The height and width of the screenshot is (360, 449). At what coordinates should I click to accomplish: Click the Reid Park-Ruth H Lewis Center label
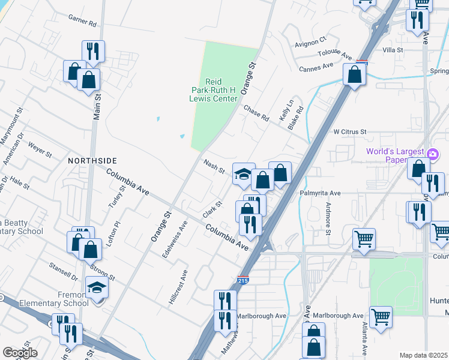coord(213,89)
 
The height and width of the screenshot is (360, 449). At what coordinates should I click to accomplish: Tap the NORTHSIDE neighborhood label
coord(92,161)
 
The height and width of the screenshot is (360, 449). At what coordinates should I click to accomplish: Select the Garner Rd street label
coord(83,22)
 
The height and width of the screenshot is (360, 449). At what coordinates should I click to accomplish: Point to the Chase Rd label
coord(256,112)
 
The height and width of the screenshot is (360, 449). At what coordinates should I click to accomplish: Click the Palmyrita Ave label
coord(320,193)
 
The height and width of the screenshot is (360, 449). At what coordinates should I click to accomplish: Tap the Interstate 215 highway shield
coord(243,280)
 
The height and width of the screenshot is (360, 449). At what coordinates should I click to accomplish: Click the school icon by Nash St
coord(243,174)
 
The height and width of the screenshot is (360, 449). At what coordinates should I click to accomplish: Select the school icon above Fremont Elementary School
coord(96,287)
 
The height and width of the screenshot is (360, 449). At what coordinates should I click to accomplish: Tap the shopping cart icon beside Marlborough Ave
coord(381,317)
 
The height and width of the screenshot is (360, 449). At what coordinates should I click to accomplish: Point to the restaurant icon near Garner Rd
coord(93,51)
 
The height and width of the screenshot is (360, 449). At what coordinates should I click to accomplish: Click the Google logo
coord(20,353)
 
